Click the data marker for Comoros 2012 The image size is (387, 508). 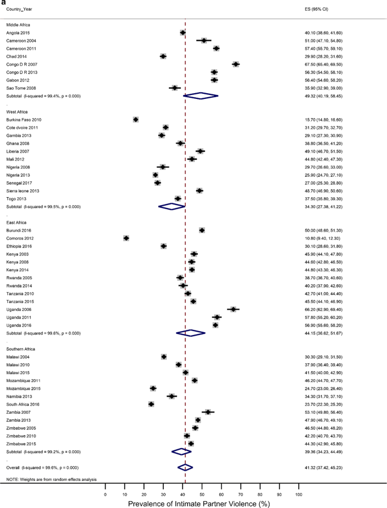[x=126, y=238]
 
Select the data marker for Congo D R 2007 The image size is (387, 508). [x=236, y=64]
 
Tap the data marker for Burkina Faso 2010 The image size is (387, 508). [x=136, y=120]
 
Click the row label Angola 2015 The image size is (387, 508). [x=19, y=33]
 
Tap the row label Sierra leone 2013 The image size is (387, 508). [x=23, y=191]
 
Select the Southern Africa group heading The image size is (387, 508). [x=21, y=349]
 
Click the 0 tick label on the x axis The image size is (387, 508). [x=105, y=494]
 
